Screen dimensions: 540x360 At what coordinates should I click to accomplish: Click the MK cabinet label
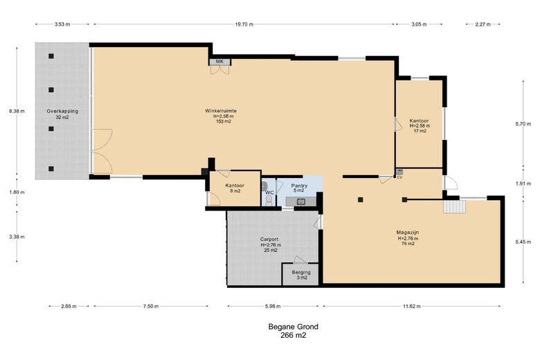pyautogui.click(x=219, y=62)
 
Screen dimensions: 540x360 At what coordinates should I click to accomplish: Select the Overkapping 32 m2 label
pyautogui.click(x=62, y=114)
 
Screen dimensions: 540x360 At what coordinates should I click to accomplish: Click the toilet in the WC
pyautogui.click(x=269, y=201)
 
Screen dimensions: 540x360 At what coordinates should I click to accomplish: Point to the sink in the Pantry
pyautogui.click(x=301, y=202)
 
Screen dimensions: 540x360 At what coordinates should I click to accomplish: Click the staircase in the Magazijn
pyautogui.click(x=454, y=207)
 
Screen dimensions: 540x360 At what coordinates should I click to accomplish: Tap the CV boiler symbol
pyautogui.click(x=399, y=171)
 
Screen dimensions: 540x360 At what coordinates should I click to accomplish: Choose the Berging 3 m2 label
pyautogui.click(x=301, y=275)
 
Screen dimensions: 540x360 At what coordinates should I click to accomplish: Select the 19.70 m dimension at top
pyautogui.click(x=244, y=24)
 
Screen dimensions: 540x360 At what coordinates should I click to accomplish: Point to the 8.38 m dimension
pyautogui.click(x=17, y=111)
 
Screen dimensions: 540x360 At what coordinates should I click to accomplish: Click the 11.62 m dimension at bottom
pyautogui.click(x=411, y=306)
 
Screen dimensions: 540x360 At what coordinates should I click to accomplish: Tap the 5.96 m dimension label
pyautogui.click(x=273, y=306)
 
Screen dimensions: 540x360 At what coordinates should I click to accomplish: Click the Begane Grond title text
pyautogui.click(x=294, y=327)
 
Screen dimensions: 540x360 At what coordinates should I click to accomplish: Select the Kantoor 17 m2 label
pyautogui.click(x=419, y=126)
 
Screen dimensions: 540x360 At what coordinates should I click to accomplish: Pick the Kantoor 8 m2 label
pyautogui.click(x=235, y=188)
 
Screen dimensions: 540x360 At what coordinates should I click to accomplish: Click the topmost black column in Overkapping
pyautogui.click(x=51, y=56)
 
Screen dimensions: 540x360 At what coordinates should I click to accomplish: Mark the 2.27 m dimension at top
pyautogui.click(x=483, y=24)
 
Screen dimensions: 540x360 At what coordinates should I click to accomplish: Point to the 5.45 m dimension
pyautogui.click(x=523, y=242)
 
